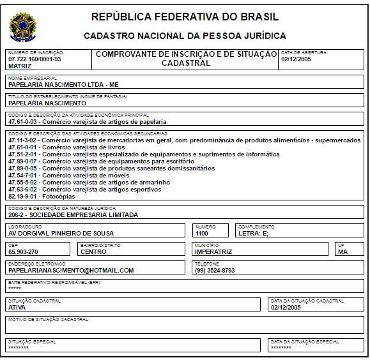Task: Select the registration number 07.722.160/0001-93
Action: pyautogui.click(x=35, y=59)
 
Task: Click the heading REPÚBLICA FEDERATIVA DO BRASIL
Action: pyautogui.click(x=185, y=17)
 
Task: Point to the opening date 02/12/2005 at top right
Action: pyautogui.click(x=297, y=59)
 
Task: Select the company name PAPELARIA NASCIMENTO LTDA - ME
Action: pyautogui.click(x=63, y=84)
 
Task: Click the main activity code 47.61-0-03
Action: pyautogui.click(x=23, y=121)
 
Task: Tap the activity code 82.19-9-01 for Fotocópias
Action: pyautogui.click(x=23, y=197)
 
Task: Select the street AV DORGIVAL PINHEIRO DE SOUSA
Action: pyautogui.click(x=61, y=234)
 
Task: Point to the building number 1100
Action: pyautogui.click(x=202, y=234)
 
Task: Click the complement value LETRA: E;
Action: pyautogui.click(x=254, y=234)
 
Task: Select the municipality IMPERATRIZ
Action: pyautogui.click(x=213, y=252)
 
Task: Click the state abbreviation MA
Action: pyautogui.click(x=343, y=252)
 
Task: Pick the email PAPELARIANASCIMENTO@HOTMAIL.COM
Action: pyautogui.click(x=71, y=271)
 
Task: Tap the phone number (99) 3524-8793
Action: pyautogui.click(x=215, y=271)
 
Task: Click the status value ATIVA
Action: pyautogui.click(x=17, y=307)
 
